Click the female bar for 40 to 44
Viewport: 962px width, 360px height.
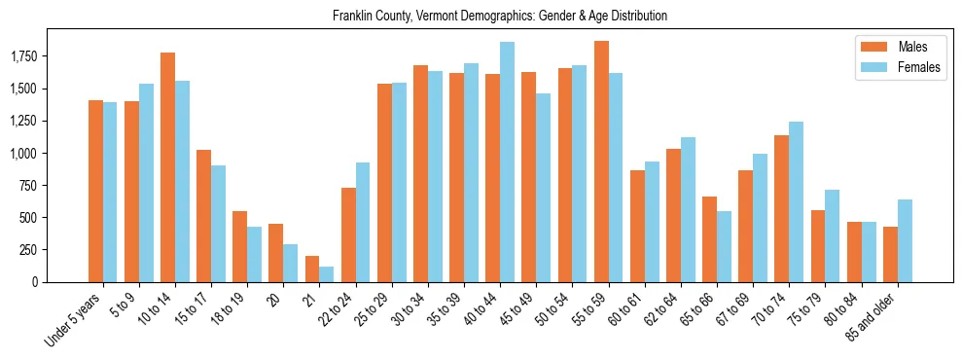click(x=508, y=162)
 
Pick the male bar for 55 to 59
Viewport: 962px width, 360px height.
click(x=601, y=162)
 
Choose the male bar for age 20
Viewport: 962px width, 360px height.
click(x=275, y=253)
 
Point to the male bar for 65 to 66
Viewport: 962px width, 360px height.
click(x=709, y=239)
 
